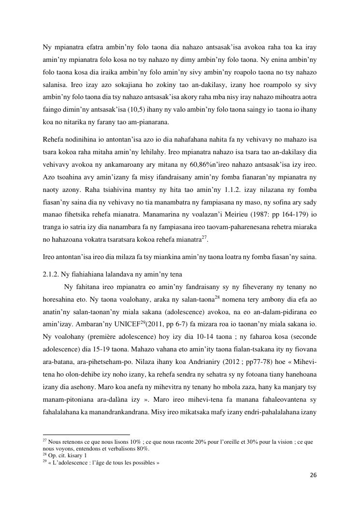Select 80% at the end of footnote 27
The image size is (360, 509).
tap(144, 449)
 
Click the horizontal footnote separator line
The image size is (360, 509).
tap(86, 435)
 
